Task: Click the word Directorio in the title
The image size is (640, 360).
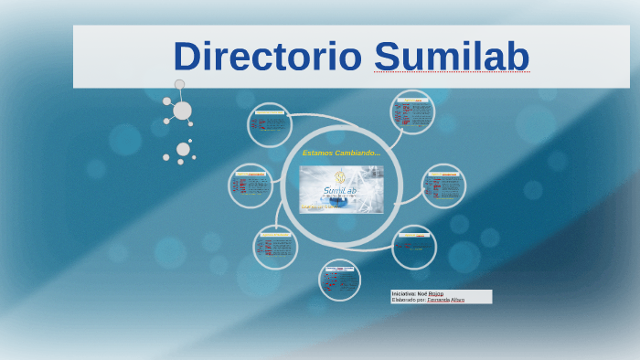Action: tap(269, 57)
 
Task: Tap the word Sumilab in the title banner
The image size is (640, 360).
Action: tap(452, 57)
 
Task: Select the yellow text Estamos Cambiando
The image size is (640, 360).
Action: tap(341, 152)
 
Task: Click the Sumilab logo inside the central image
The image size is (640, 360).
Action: tap(341, 190)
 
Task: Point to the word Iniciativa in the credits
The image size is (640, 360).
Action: tap(403, 293)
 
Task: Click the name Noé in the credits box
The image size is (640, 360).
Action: tap(422, 293)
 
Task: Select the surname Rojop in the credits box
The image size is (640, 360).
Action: tap(436, 293)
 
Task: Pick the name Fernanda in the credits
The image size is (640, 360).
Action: tap(437, 300)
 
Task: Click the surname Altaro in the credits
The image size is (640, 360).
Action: tap(456, 300)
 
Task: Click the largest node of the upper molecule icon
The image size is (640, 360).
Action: tap(182, 111)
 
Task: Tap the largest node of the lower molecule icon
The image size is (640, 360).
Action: tap(183, 149)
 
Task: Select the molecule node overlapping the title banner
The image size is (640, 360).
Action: tap(179, 85)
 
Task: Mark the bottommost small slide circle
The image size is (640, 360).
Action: tap(340, 280)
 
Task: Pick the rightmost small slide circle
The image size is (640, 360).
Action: tap(444, 186)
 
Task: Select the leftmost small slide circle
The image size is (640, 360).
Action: tap(251, 185)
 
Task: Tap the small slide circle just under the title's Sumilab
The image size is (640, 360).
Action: tap(411, 112)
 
